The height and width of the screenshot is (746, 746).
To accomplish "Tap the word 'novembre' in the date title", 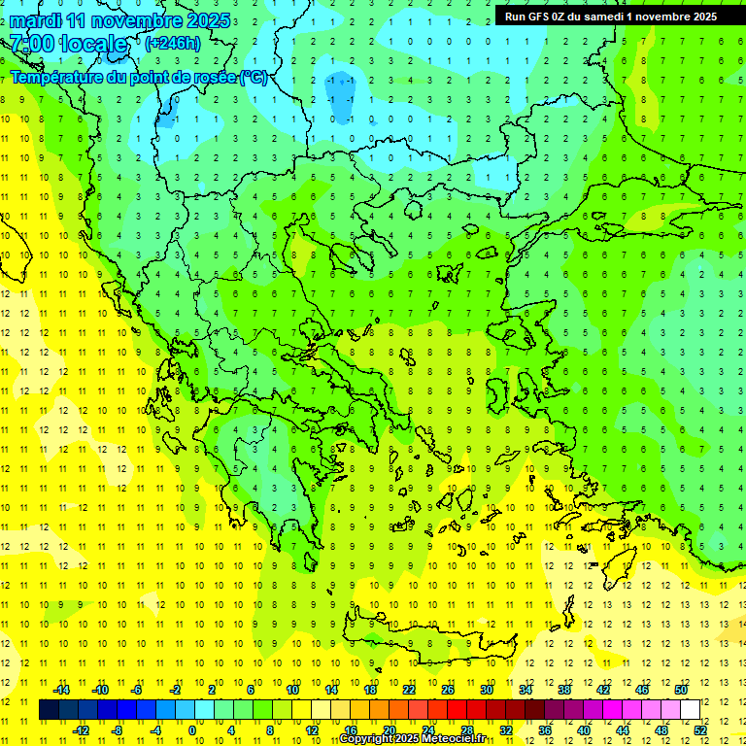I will click(x=139, y=20).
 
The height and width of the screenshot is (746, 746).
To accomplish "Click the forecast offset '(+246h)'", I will click(x=173, y=43).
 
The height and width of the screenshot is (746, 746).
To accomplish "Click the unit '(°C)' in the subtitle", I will click(x=254, y=77).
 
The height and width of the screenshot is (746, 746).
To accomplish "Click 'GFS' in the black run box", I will click(x=539, y=16).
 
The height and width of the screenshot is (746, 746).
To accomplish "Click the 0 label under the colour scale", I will click(x=192, y=730).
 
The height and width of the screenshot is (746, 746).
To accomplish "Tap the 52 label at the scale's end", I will click(x=698, y=730).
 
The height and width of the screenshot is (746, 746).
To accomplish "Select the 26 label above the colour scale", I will click(x=447, y=690).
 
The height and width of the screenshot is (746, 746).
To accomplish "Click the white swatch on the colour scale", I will click(x=690, y=710).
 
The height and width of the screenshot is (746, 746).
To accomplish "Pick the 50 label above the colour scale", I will click(x=680, y=690).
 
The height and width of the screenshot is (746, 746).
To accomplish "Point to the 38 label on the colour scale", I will click(x=563, y=690).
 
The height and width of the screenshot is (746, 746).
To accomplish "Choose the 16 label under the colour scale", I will click(x=350, y=730).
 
